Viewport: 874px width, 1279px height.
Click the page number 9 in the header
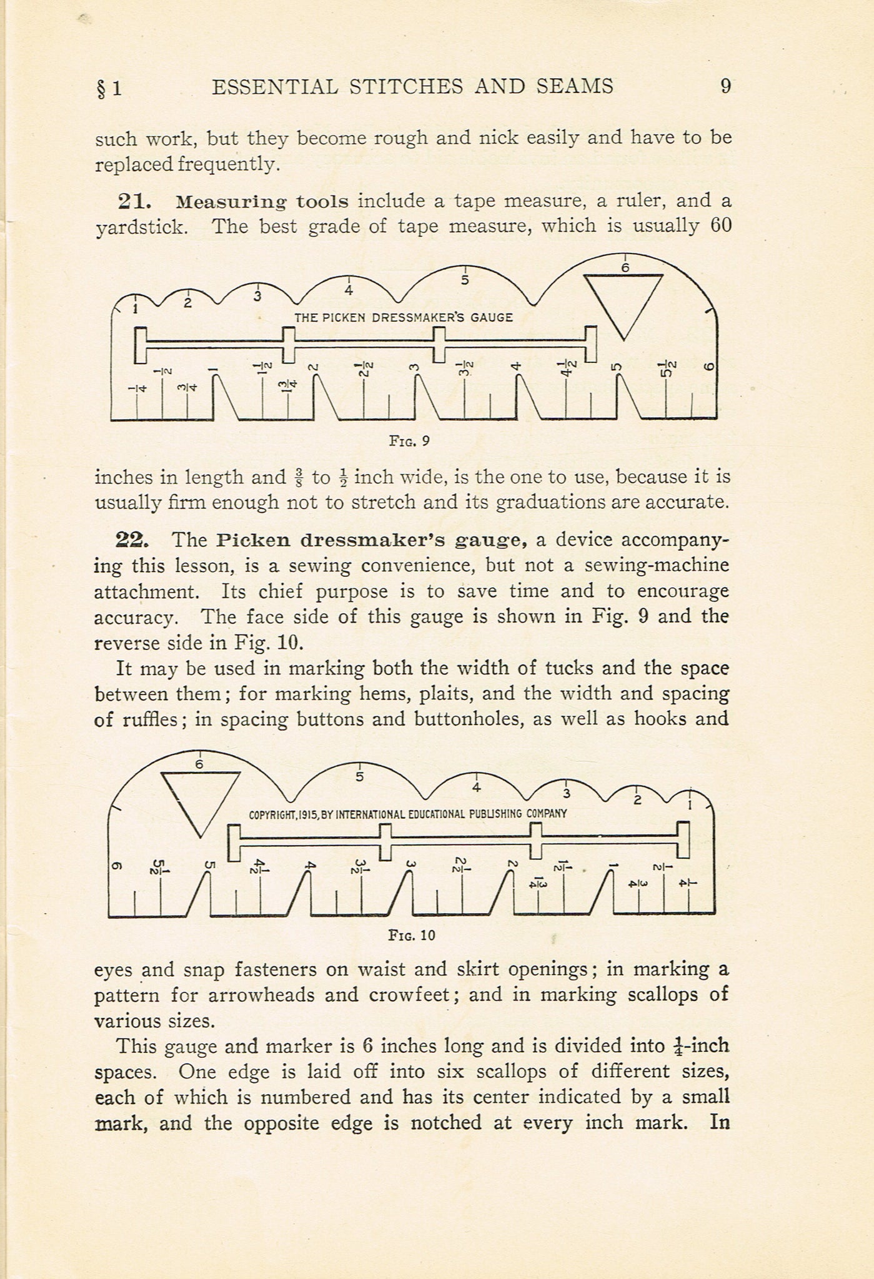[725, 86]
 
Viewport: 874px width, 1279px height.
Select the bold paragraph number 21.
[134, 202]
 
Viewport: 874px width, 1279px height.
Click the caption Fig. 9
[409, 441]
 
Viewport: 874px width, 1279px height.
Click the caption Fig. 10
[411, 935]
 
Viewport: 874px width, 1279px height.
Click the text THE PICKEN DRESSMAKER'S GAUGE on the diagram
[404, 317]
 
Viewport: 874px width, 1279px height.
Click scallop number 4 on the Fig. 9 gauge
[349, 290]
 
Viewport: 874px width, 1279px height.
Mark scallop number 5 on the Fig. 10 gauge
[359, 777]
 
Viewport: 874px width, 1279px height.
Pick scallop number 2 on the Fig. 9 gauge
[187, 304]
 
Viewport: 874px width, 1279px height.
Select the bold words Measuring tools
[262, 202]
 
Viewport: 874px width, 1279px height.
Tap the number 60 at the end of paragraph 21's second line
[720, 226]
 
